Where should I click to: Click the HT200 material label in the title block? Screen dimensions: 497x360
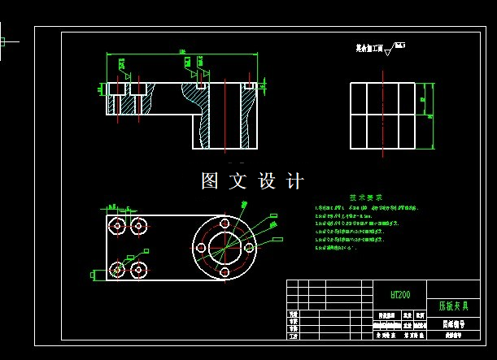point(400,294)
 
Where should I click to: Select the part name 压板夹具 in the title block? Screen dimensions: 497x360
point(453,307)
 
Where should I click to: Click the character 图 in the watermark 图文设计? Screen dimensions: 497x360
point(210,181)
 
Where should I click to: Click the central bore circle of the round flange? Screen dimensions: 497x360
point(224,247)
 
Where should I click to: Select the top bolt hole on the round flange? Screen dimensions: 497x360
point(224,222)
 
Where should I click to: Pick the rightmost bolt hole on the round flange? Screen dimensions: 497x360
point(249,247)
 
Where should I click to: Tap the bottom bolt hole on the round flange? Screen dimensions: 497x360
point(224,272)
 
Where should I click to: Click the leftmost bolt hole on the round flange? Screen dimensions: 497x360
point(198,247)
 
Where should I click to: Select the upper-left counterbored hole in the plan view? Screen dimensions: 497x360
point(119,225)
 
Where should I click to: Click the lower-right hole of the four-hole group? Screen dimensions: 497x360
point(139,268)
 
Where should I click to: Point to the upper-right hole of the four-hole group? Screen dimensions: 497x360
point(139,225)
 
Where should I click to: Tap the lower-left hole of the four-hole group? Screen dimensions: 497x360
point(119,268)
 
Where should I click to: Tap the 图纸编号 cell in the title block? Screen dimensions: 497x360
point(453,323)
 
